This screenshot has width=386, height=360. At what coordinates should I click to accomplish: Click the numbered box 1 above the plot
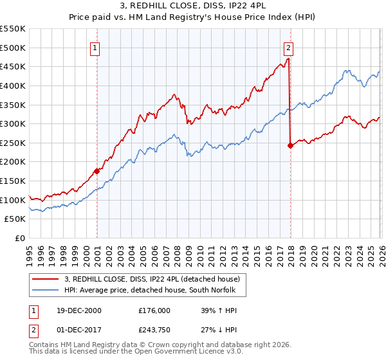pyautogui.click(x=95, y=47)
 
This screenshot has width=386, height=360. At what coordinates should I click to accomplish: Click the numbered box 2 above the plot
pyautogui.click(x=288, y=47)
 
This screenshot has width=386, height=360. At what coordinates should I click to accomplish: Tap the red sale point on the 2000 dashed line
pyautogui.click(x=96, y=171)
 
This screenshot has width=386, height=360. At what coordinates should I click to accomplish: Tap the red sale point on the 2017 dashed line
pyautogui.click(x=290, y=145)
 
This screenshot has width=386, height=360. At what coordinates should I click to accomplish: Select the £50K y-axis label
pyautogui.click(x=15, y=219)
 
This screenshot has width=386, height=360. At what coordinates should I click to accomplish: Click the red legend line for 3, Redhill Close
pyautogui.click(x=46, y=279)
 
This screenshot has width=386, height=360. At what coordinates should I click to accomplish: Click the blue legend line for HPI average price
pyautogui.click(x=46, y=291)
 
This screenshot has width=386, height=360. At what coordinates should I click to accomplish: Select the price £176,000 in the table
pyautogui.click(x=154, y=310)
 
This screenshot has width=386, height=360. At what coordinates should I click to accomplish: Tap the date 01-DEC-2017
pyautogui.click(x=75, y=333)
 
